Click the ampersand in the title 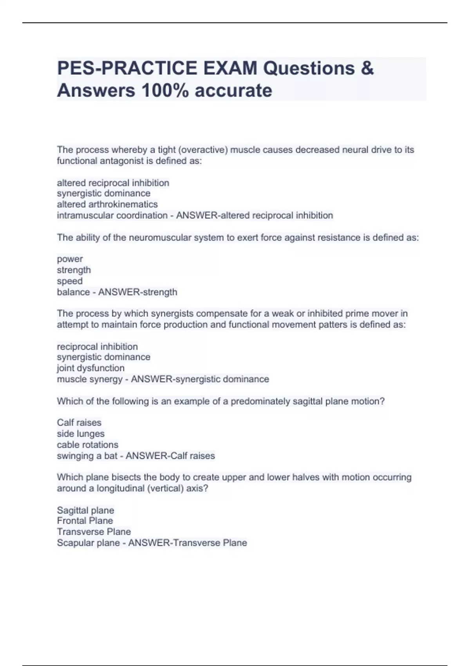click(x=367, y=68)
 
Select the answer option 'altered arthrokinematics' click(x=107, y=204)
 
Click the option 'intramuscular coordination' click(x=112, y=215)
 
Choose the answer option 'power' click(x=70, y=259)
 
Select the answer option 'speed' click(x=70, y=281)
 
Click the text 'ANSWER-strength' click(x=137, y=292)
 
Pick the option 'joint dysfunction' click(x=90, y=368)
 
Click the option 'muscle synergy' click(x=90, y=379)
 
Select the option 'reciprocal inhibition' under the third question click(x=97, y=346)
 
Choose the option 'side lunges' click(x=81, y=434)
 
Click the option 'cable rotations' click(x=87, y=445)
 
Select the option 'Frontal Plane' click(x=85, y=521)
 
